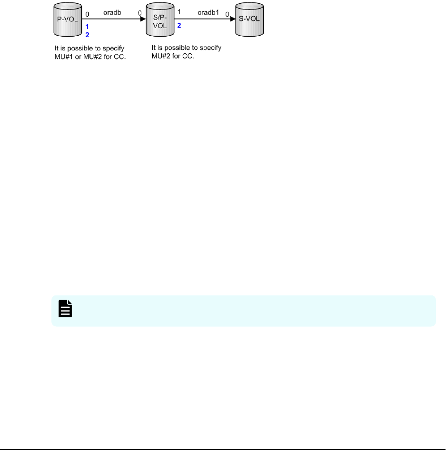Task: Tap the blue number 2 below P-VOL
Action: pyautogui.click(x=87, y=35)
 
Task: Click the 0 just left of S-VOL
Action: pyautogui.click(x=227, y=14)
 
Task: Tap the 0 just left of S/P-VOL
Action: pyautogui.click(x=140, y=14)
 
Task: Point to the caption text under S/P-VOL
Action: pyautogui.click(x=186, y=53)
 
